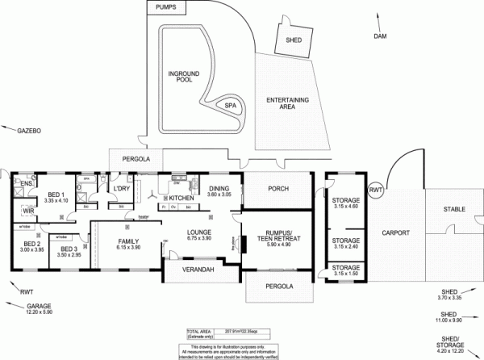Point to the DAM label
(x=381, y=37)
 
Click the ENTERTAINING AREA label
(x=288, y=103)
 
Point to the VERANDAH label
(x=198, y=269)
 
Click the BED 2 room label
(x=31, y=246)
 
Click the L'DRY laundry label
(x=122, y=189)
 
